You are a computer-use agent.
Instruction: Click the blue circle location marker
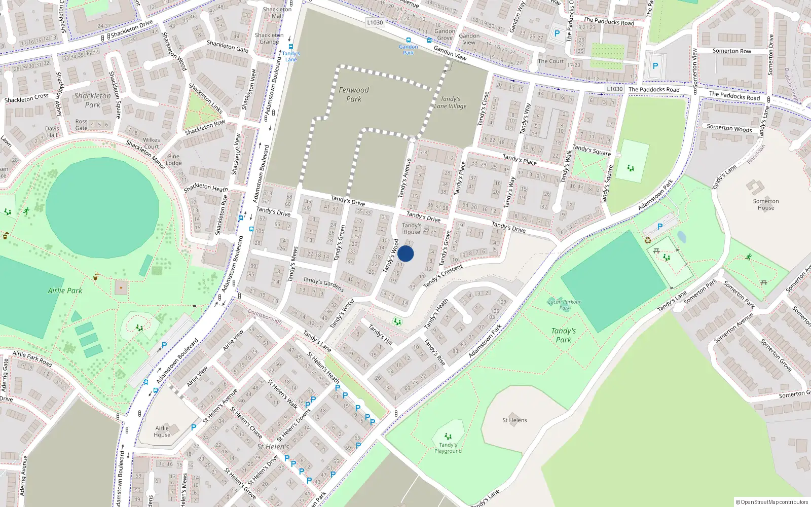[x=405, y=253]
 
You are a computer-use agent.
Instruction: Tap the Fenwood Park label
[x=354, y=94]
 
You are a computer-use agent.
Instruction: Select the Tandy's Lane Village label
[x=450, y=103]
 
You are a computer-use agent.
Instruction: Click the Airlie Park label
[x=65, y=291]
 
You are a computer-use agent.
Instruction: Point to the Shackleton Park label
[x=92, y=100]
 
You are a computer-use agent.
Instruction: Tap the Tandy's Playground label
[x=448, y=448]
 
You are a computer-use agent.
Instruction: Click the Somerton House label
[x=766, y=204]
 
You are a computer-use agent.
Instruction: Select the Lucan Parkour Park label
[x=565, y=305]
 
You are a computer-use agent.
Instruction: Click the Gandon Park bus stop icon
[x=408, y=40]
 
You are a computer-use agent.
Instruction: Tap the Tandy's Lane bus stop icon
[x=290, y=46]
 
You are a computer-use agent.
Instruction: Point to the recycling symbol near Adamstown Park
[x=648, y=240]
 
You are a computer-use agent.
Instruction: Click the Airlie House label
[x=162, y=431]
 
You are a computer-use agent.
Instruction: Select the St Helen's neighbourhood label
[x=273, y=447]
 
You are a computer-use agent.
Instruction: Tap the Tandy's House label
[x=412, y=229]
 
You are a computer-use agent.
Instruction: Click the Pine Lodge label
[x=173, y=160]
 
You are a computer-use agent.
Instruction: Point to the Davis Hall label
[x=52, y=132]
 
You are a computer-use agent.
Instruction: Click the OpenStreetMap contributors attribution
[x=771, y=502]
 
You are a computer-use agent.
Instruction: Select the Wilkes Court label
[x=151, y=143]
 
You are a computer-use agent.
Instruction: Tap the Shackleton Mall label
[x=277, y=12]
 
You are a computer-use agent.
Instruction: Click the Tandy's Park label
[x=564, y=335]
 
